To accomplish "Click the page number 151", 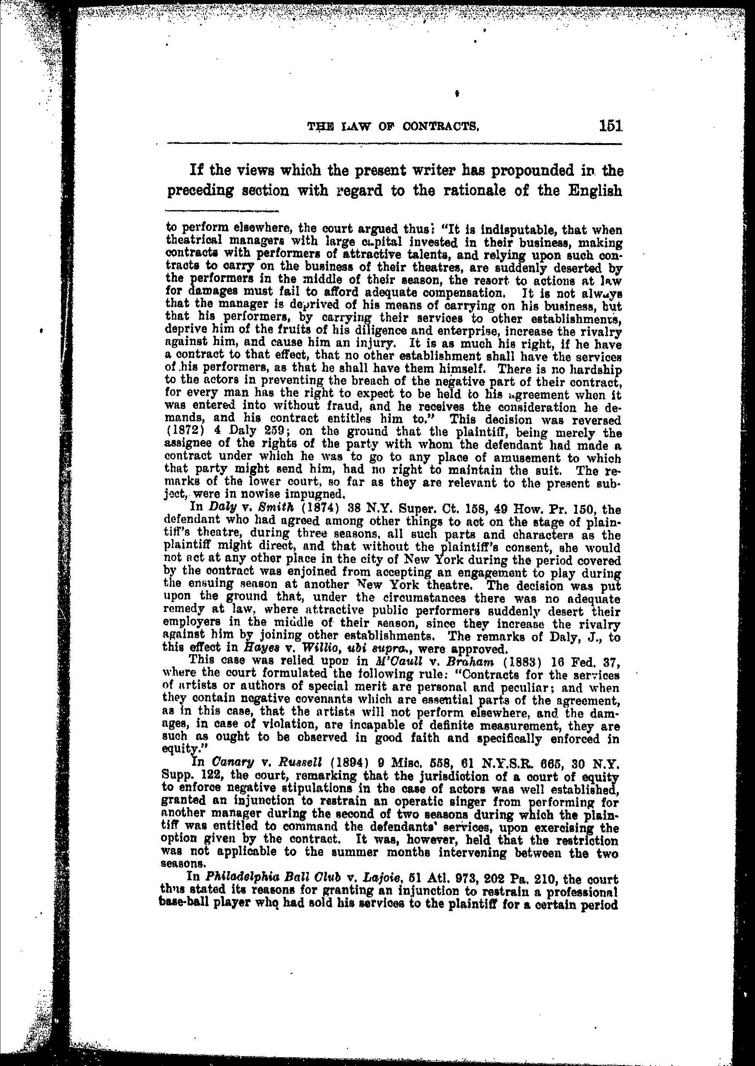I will (x=610, y=126).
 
